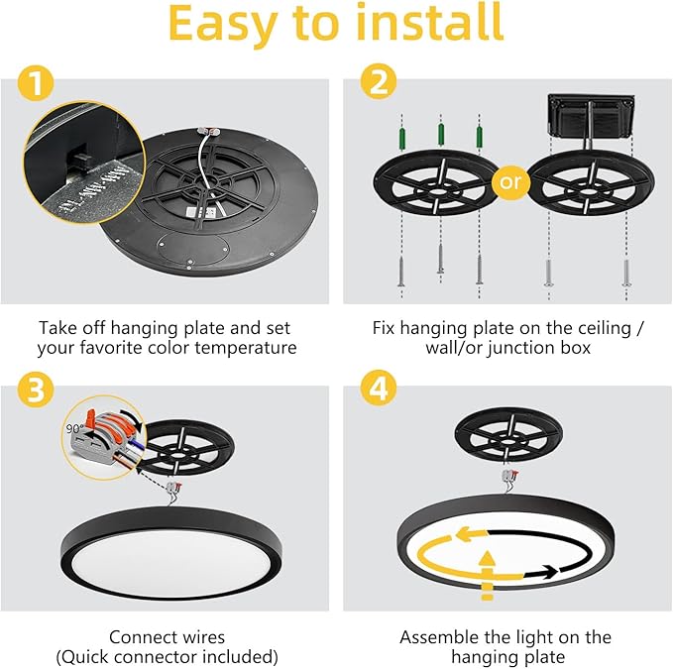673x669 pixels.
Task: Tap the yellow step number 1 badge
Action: point(36,86)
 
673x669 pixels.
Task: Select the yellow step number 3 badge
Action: point(36,391)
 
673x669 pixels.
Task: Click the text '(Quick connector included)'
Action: point(167,656)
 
